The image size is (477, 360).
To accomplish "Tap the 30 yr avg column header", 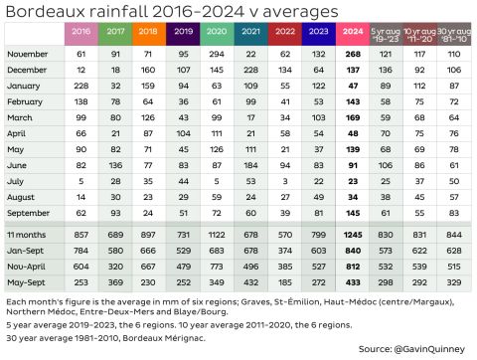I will coord(454,32).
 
